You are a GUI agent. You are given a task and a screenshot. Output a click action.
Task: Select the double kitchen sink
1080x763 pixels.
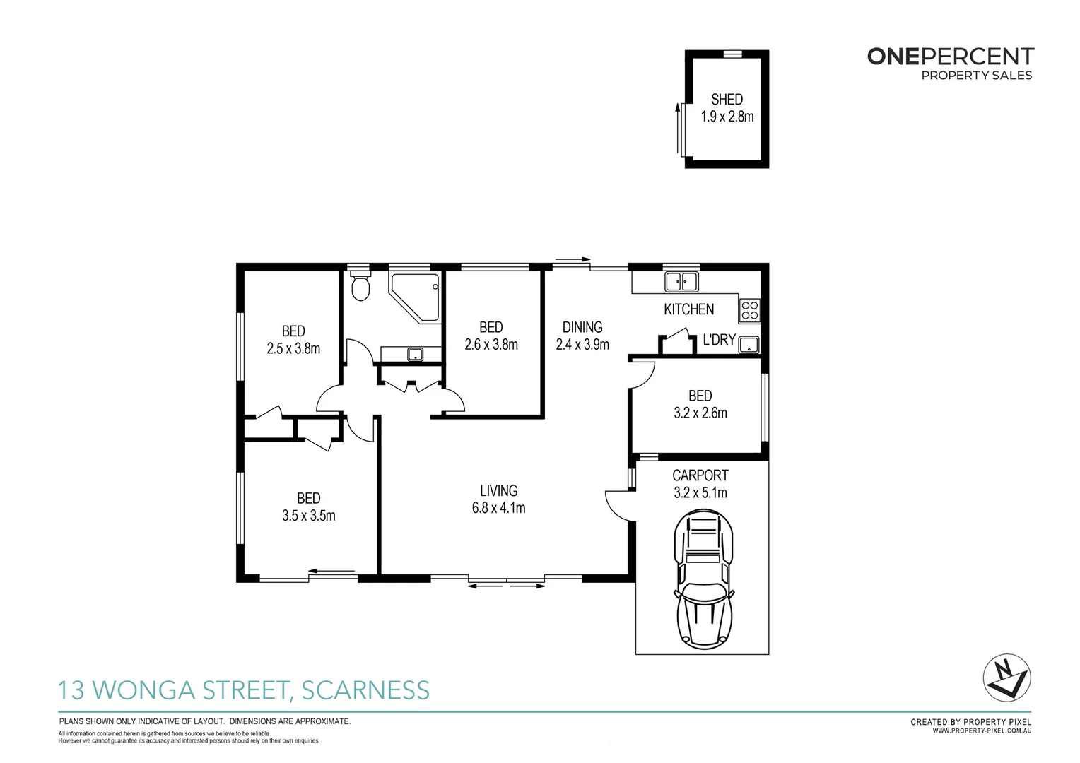point(681,282)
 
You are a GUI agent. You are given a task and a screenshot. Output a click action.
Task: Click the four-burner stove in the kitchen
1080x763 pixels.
point(749,310)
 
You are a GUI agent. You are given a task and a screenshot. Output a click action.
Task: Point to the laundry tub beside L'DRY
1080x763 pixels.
point(748,345)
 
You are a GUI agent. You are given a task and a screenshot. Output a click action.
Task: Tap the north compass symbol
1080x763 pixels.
point(1007,677)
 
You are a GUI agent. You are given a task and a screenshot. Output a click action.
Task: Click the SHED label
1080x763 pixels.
point(727,100)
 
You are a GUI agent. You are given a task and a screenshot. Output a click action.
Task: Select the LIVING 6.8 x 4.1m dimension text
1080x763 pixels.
point(498,508)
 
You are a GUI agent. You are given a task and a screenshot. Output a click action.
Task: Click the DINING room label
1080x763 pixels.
point(582,327)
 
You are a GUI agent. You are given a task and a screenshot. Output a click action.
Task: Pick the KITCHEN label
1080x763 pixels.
point(688,309)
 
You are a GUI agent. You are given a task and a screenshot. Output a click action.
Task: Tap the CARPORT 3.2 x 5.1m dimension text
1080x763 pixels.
point(700,493)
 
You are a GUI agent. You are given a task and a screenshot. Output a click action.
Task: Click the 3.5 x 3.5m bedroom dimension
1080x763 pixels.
point(308,516)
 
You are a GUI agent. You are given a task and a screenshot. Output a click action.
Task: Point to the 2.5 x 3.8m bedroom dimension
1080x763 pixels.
point(293,348)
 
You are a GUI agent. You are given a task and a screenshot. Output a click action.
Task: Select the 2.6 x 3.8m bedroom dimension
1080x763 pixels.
point(491,345)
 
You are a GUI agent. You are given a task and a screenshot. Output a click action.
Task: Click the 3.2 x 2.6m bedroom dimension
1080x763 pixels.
point(700,413)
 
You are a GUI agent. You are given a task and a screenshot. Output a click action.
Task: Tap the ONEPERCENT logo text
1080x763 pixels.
point(950,57)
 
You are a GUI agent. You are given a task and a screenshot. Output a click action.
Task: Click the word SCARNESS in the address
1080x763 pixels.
point(365,690)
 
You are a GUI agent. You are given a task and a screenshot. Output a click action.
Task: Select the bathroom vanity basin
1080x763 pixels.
point(415,355)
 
